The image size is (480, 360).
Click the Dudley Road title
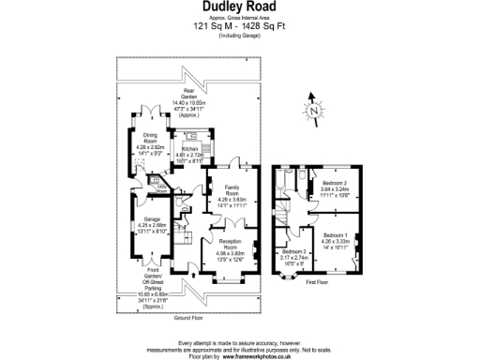pos(239,7)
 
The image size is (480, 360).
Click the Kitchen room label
pos(188,149)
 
